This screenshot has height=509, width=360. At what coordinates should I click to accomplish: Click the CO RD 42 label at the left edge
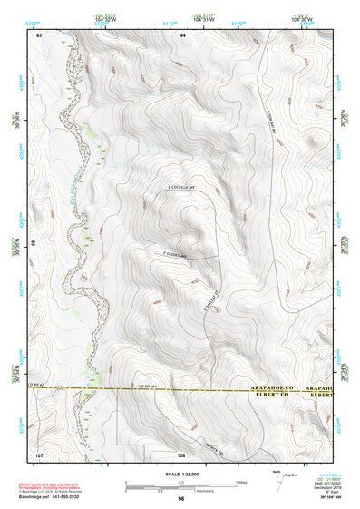[37, 386]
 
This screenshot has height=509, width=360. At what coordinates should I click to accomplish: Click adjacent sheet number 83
[39, 34]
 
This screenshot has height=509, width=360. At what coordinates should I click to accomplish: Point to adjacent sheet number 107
[40, 453]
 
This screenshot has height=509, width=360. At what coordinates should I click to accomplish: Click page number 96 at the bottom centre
[181, 498]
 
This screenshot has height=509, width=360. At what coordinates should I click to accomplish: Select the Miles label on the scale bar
[240, 481]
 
